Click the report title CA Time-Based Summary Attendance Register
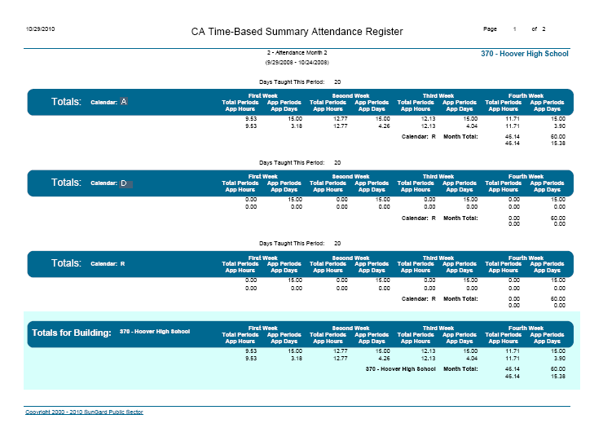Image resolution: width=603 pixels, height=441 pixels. point(297,32)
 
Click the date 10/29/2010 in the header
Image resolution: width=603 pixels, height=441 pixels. point(40,29)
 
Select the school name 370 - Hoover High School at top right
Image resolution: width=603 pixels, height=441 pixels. point(525,54)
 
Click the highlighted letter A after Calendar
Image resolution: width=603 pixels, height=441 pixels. point(124,102)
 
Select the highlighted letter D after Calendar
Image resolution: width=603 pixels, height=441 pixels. point(124,183)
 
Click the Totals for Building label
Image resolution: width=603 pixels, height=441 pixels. point(71,333)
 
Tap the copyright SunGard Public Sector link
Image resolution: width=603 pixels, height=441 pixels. point(84,412)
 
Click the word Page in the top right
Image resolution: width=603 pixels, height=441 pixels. point(490,29)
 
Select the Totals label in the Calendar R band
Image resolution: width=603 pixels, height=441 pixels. point(66,264)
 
